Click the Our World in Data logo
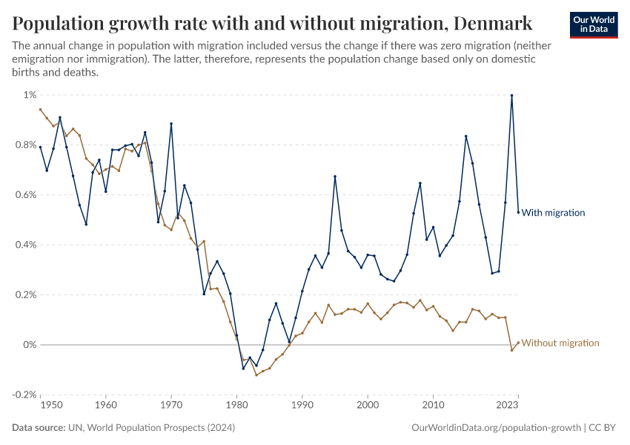click(x=594, y=24)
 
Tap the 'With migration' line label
click(x=553, y=213)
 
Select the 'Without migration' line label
click(x=560, y=343)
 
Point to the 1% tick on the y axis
click(x=29, y=95)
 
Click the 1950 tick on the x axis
click(x=50, y=406)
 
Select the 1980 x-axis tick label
click(x=236, y=406)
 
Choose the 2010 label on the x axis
click(x=433, y=406)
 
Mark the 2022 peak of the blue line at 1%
click(x=511, y=95)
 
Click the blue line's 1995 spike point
click(x=335, y=177)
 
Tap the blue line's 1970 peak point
click(x=171, y=124)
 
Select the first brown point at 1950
click(x=41, y=109)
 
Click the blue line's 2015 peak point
click(x=465, y=136)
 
